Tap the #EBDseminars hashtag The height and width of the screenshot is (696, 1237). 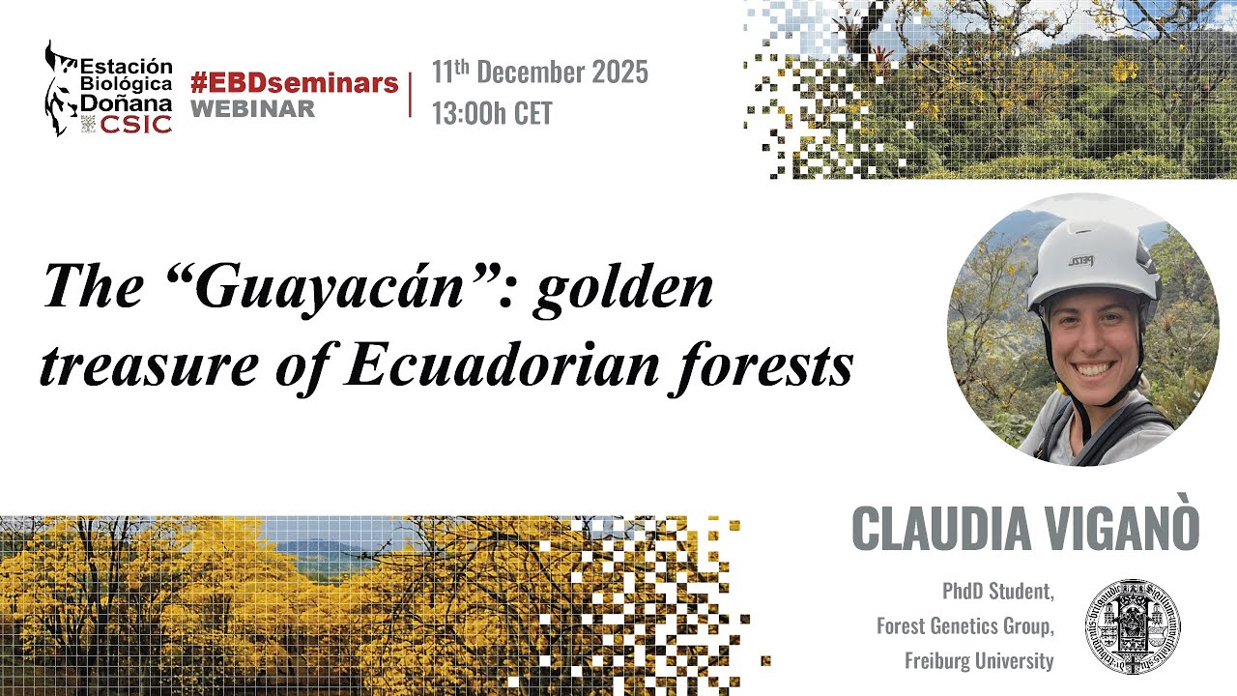tap(294, 82)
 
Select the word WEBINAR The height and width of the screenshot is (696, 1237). tap(252, 108)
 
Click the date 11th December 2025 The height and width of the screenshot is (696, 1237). tap(539, 72)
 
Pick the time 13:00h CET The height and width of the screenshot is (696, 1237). tap(492, 114)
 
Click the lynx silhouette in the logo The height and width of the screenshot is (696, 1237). tap(61, 87)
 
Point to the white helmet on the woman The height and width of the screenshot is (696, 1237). tap(1092, 256)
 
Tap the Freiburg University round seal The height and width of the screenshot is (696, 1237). tap(1132, 624)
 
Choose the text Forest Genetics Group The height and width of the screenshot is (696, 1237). tap(964, 626)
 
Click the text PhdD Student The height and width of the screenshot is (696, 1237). tap(997, 590)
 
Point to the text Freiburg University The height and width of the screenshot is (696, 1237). tap(978, 662)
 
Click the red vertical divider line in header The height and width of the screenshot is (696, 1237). tap(411, 94)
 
